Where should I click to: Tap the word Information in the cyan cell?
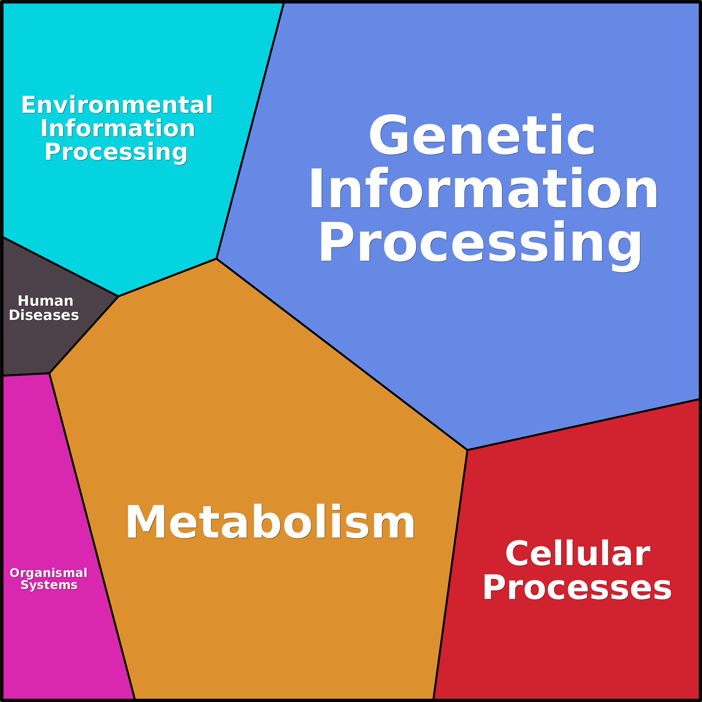(118, 129)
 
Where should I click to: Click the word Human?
(46, 301)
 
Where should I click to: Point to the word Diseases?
(44, 316)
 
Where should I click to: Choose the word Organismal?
(48, 573)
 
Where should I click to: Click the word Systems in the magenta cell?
(49, 585)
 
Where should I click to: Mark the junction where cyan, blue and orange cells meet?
(217, 259)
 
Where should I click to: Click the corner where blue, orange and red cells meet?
(467, 450)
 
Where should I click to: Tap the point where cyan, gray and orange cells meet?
(118, 296)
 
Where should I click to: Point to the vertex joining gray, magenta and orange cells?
(49, 373)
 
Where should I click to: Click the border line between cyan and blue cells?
(250, 131)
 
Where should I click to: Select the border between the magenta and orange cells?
(92, 536)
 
